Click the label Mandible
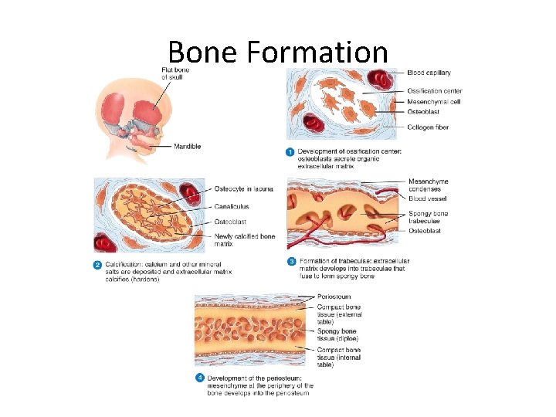(188, 146)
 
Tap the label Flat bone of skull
(176, 74)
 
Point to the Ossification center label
(436, 91)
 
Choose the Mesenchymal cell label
(434, 101)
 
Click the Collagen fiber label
(428, 127)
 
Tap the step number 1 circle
(290, 151)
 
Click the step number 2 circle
(98, 266)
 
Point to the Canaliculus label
(232, 206)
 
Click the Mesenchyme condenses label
(429, 186)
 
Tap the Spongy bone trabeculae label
(429, 217)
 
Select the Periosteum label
(334, 297)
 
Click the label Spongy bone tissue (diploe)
(337, 334)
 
